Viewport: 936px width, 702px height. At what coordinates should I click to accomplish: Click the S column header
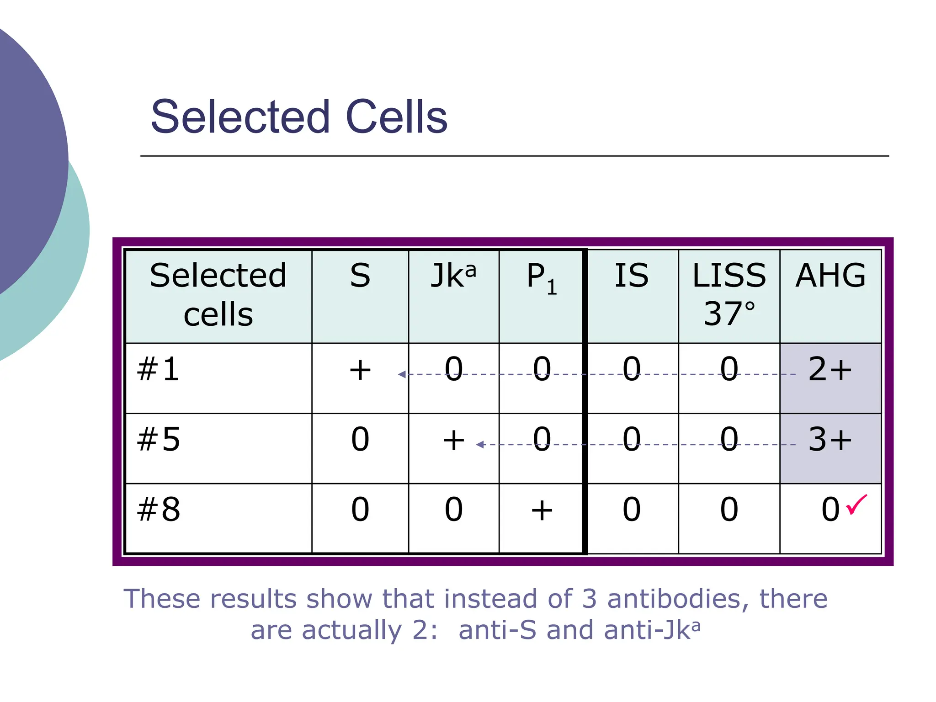[360, 276]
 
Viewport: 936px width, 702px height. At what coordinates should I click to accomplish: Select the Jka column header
[453, 276]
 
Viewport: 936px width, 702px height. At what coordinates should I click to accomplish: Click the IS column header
[631, 276]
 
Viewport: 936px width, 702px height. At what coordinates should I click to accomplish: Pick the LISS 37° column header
[729, 294]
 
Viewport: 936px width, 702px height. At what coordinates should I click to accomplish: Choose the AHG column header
[830, 276]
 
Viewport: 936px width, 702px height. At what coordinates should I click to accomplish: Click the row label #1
[158, 369]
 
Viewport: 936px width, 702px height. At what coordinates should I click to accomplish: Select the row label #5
[159, 440]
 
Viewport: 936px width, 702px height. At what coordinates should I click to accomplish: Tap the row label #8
[159, 510]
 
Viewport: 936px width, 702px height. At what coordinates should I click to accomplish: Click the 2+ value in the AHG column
[830, 369]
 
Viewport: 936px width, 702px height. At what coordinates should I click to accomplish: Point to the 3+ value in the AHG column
[830, 440]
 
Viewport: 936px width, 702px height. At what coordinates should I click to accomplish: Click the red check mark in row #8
[856, 505]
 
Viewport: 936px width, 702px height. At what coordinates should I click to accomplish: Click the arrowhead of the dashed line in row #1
[402, 374]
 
